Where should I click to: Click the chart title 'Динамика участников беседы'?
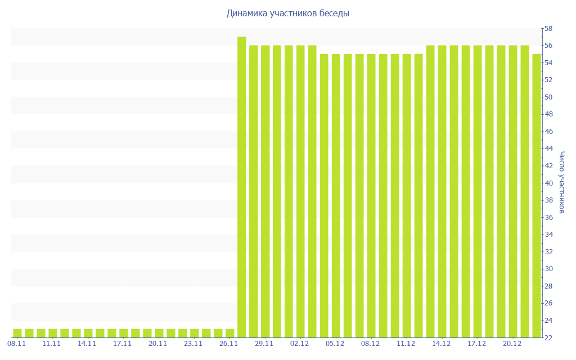(287, 13)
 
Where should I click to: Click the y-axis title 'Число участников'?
(561, 182)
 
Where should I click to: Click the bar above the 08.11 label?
(17, 333)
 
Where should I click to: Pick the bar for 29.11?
(265, 191)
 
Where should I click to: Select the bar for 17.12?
(478, 191)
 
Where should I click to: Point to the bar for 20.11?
(159, 333)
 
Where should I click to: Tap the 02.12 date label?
(300, 344)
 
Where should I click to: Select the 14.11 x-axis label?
(87, 344)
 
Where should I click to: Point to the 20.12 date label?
(512, 344)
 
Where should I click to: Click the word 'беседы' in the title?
(332, 13)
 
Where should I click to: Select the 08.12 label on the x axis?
(371, 344)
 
